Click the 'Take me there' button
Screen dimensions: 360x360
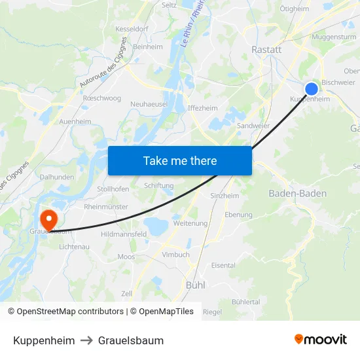180,160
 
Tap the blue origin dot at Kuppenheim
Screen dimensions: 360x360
312,89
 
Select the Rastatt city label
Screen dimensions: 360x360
266,49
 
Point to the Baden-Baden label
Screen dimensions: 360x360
298,194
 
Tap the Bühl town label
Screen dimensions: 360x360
196,285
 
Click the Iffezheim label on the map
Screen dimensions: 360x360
202,108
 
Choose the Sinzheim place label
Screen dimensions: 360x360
225,196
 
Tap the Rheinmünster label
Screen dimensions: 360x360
106,207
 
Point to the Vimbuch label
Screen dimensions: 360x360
175,255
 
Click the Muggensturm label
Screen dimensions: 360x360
334,37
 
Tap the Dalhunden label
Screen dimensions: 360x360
58,177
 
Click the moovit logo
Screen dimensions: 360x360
321,339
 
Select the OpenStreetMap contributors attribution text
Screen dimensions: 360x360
67,312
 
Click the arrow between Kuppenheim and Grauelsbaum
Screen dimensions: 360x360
86,340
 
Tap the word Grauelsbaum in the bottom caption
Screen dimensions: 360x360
131,340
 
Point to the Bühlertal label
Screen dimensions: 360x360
245,302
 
